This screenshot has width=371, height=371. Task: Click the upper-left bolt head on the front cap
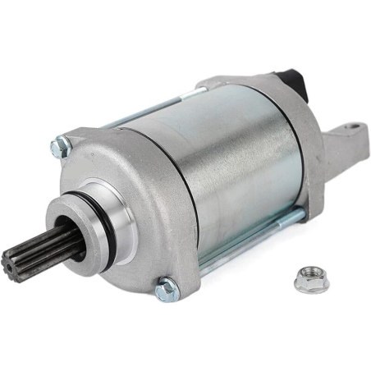point(60,149)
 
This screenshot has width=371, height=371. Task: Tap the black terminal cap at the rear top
point(291,83)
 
